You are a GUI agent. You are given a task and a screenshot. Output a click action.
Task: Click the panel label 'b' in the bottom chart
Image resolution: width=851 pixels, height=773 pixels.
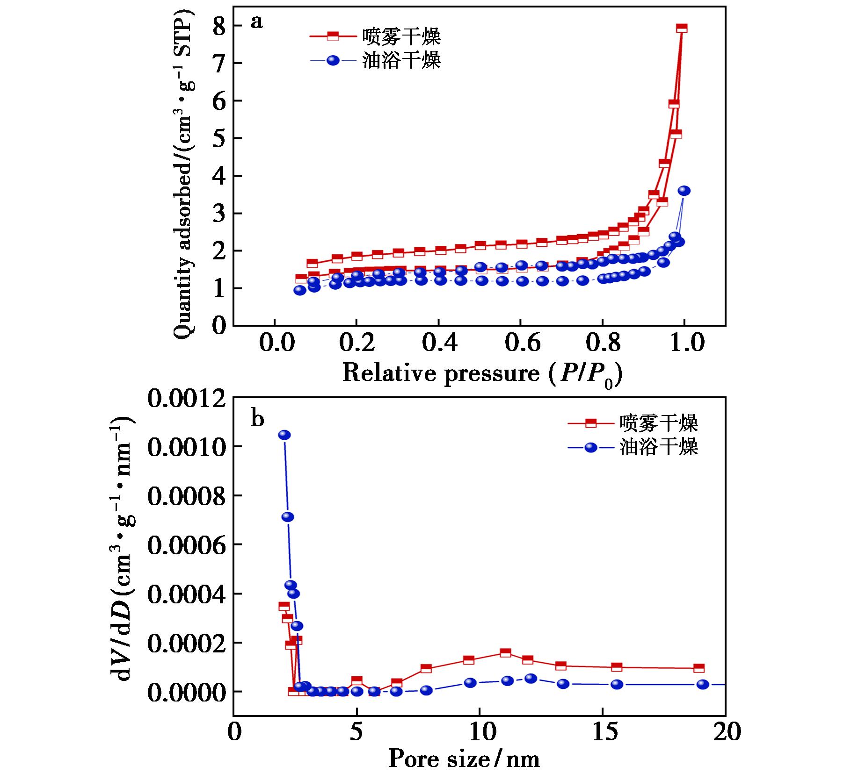click(x=257, y=419)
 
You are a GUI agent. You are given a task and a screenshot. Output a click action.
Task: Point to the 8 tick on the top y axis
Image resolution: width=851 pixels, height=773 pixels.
click(x=219, y=26)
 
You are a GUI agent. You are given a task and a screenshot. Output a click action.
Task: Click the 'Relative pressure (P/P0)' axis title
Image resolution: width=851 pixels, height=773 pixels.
click(x=482, y=373)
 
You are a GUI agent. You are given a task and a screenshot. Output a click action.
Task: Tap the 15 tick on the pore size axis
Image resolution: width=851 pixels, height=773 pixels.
click(x=603, y=732)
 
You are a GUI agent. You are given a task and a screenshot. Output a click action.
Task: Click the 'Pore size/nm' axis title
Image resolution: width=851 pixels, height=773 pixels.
click(x=464, y=759)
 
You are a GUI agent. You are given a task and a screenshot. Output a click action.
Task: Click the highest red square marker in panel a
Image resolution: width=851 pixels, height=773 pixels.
click(x=682, y=28)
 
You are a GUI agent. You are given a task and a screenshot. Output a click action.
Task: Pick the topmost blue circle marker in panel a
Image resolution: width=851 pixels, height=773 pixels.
click(x=684, y=191)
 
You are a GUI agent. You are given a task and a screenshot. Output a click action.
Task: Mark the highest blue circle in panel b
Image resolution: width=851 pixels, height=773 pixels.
click(x=284, y=435)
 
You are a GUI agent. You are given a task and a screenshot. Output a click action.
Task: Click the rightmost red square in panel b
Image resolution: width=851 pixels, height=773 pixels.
click(x=699, y=668)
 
